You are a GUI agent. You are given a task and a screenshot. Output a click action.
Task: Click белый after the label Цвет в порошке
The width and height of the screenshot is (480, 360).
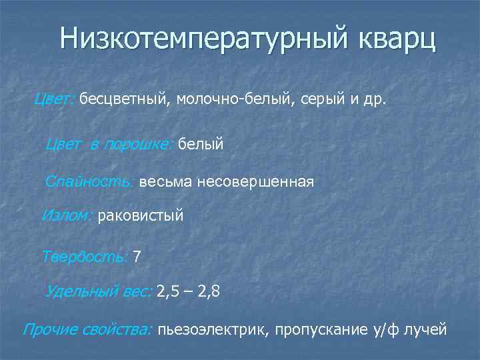point(201,143)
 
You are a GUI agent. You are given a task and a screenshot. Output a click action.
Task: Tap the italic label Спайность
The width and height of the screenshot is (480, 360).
point(89,181)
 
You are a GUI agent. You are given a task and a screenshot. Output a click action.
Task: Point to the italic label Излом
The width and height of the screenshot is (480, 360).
point(67,216)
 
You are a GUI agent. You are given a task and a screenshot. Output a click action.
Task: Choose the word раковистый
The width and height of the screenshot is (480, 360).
point(140,216)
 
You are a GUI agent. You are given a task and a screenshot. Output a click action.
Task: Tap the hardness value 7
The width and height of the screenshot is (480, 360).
point(137,257)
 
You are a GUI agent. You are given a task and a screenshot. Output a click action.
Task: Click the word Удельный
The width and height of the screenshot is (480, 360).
point(82,291)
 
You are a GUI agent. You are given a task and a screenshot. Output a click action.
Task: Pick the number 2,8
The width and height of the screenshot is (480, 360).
point(208,291)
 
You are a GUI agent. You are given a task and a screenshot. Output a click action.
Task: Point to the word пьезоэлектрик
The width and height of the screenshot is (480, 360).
point(213,329)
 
